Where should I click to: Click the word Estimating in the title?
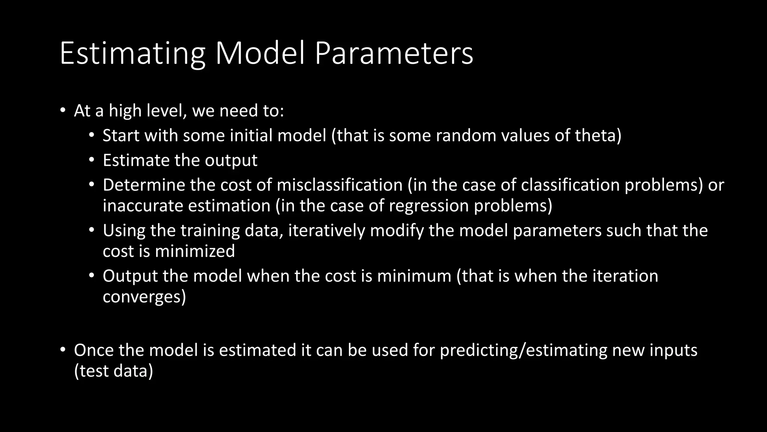132,54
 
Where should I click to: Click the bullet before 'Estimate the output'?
91,160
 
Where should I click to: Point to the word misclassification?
339,185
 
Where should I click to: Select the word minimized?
195,251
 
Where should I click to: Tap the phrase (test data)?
113,371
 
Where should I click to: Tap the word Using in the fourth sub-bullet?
124,231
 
